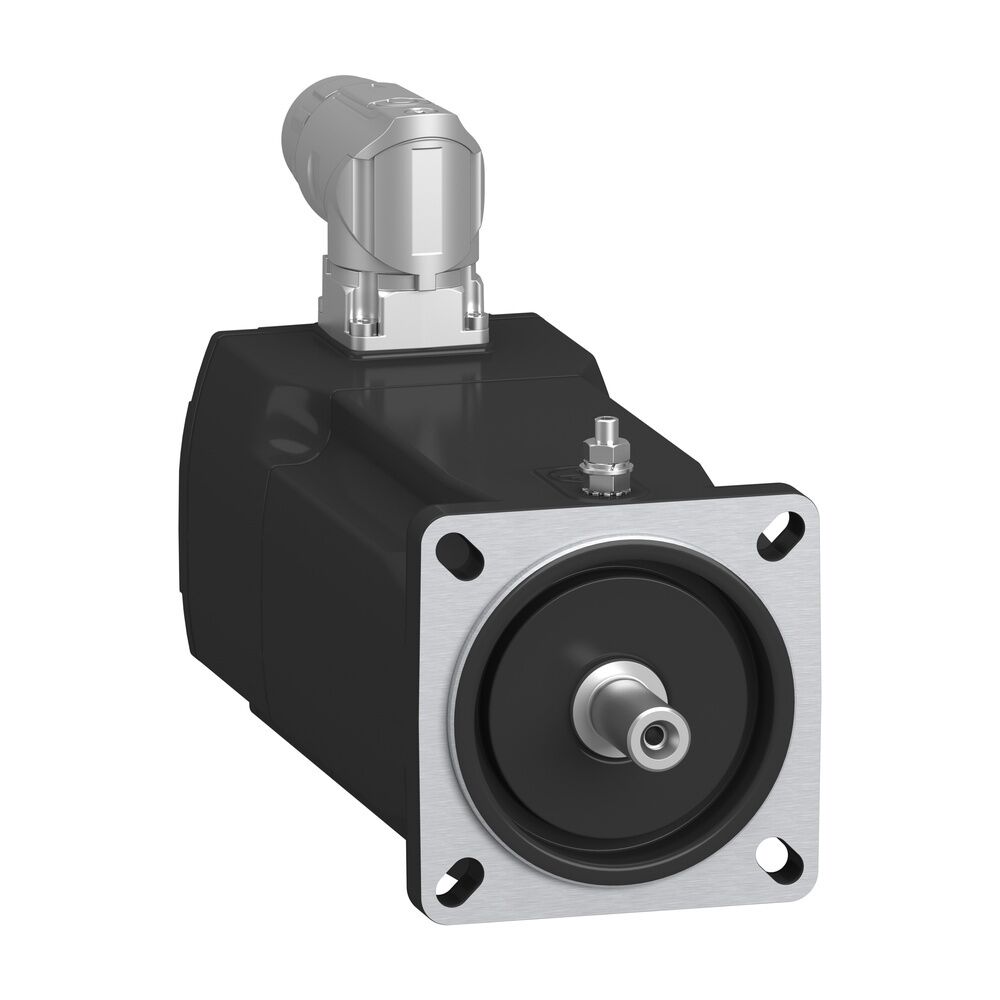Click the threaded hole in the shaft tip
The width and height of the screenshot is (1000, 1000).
tap(652, 737)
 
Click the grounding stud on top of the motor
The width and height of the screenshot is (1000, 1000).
tap(604, 440)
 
